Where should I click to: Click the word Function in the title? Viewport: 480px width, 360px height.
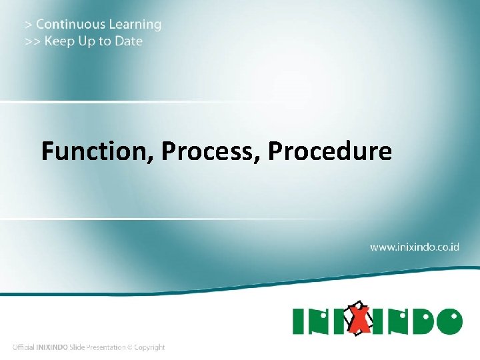point(97,152)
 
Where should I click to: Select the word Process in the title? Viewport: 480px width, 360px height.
point(211,152)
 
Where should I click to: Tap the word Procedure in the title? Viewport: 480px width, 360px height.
point(330,152)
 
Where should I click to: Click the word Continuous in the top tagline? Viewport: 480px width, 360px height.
point(71,25)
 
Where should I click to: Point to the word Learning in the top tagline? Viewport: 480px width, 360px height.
point(135,25)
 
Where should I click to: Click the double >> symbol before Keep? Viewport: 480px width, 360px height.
point(31,41)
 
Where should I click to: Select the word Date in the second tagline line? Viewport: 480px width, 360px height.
point(128,41)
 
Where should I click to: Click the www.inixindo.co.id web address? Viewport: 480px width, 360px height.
point(415,247)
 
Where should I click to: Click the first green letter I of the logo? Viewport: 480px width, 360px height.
point(299,321)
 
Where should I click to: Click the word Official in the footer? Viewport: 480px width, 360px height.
point(24,347)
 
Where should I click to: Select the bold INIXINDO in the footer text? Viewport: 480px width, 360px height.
point(55,347)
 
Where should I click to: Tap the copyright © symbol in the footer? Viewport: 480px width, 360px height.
point(131,347)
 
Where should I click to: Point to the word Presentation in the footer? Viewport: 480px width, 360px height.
point(107,347)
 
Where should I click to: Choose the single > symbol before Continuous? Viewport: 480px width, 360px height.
point(28,25)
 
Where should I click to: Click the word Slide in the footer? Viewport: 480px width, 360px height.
point(80,347)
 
